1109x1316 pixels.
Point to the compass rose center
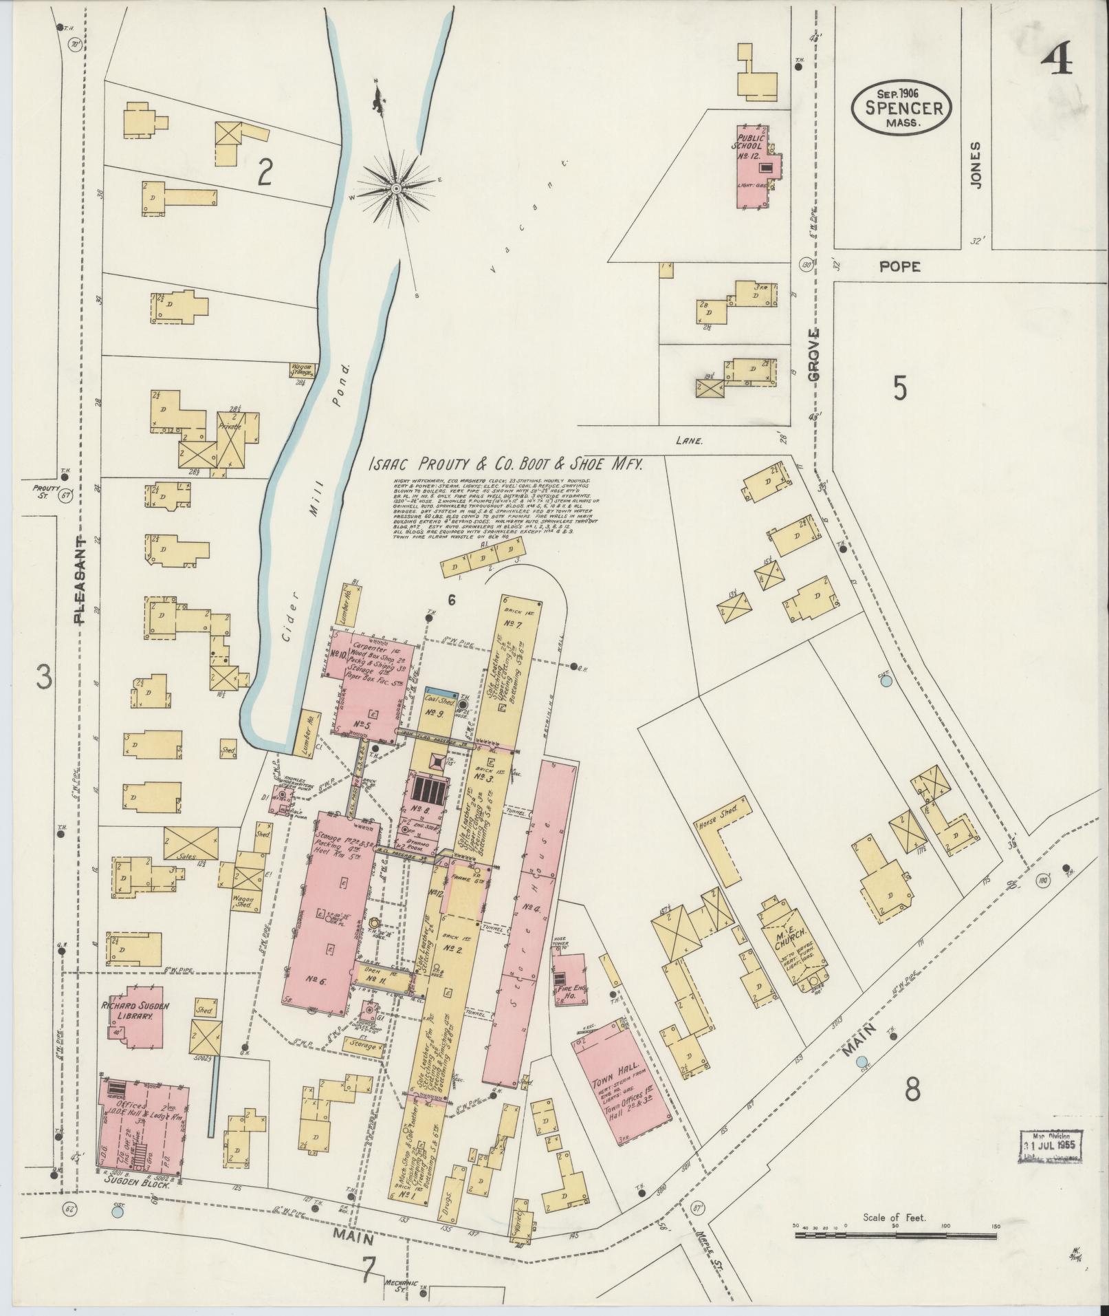[x=396, y=187]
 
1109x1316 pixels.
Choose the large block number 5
[x=900, y=389]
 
